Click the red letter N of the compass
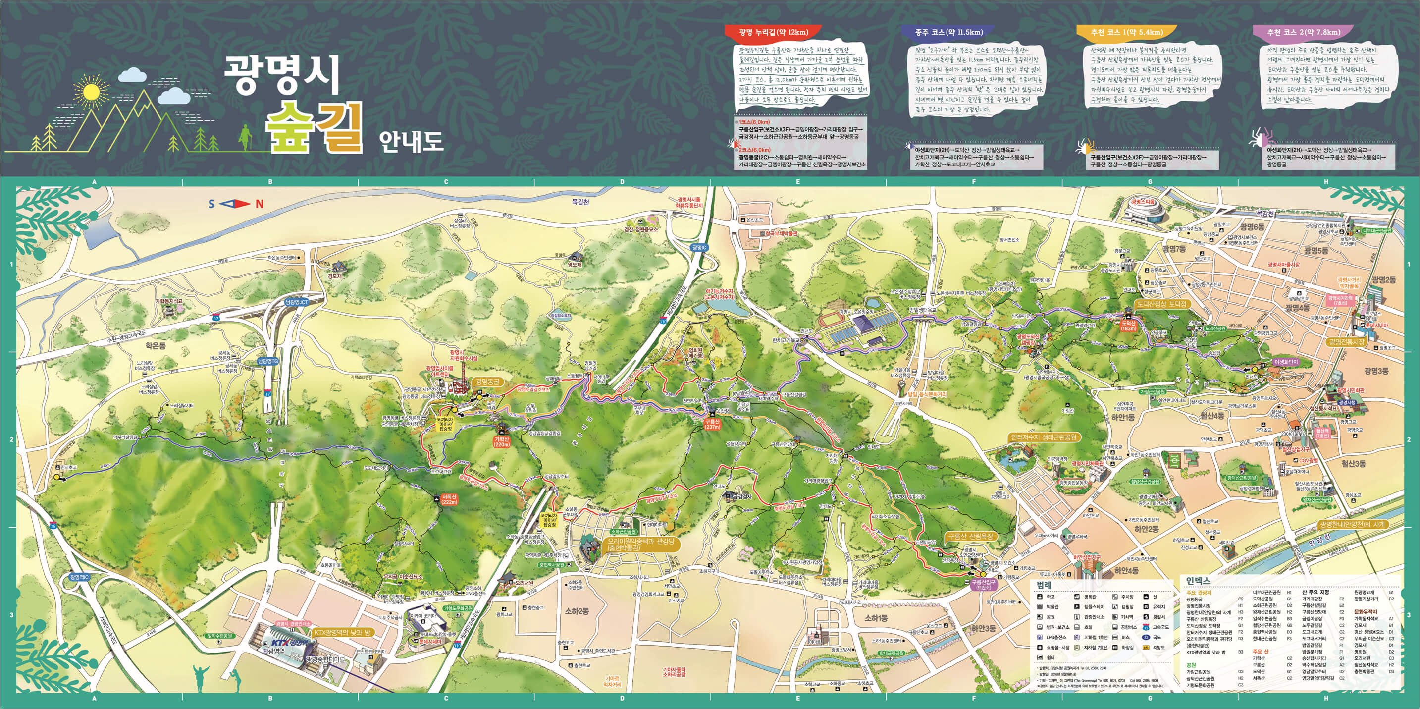pos(259,204)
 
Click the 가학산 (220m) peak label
pos(502,441)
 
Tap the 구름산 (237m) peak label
pos(712,424)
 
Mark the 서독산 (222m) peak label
pos(449,499)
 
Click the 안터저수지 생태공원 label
pos(1043,437)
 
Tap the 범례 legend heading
pos(1044,586)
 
